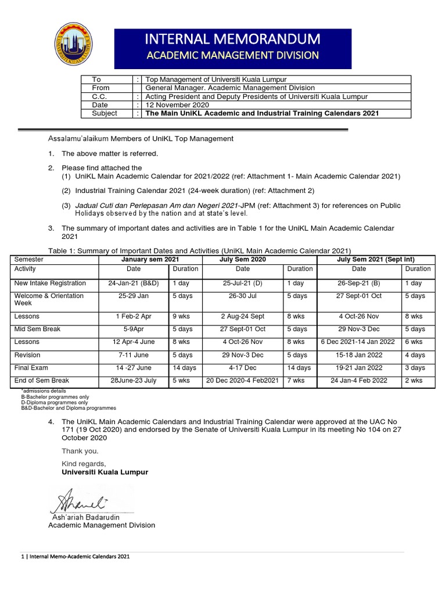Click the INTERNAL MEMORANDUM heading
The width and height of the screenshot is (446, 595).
(x=232, y=40)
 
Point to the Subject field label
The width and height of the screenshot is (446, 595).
(x=105, y=113)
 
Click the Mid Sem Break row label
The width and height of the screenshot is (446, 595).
(x=38, y=329)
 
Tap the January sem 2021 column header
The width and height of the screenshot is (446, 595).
(x=150, y=259)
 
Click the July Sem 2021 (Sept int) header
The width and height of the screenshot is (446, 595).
(x=375, y=259)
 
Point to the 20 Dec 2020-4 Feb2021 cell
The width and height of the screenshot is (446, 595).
(x=243, y=381)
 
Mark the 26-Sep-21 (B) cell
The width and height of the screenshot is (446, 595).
(x=359, y=284)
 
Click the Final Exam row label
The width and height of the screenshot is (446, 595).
(x=31, y=368)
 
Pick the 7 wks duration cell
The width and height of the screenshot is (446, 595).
(x=296, y=381)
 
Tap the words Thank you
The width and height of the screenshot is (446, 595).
(x=80, y=451)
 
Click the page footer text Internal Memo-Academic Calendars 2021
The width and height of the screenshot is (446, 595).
(x=75, y=557)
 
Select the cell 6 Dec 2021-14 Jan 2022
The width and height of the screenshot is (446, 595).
(x=359, y=342)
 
